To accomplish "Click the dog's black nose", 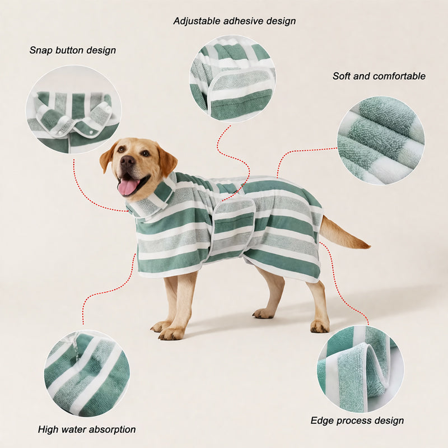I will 127,162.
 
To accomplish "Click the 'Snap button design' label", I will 73,50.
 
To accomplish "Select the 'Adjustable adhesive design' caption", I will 234,21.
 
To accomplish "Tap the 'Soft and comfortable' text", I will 379,76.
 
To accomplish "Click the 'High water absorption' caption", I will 87,430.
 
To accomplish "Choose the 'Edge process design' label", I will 357,421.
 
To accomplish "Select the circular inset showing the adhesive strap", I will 232,78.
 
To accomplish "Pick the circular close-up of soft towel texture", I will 381,140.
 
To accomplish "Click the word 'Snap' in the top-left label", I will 40,50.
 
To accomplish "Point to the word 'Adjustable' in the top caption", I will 197,21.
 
